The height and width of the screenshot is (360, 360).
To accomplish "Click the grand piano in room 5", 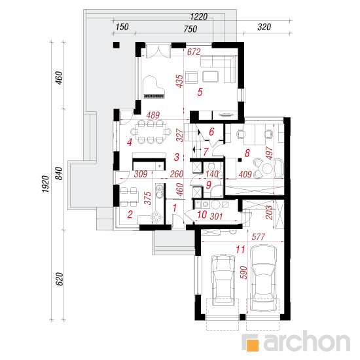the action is [x=153, y=88].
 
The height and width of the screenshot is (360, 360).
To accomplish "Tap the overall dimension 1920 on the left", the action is [x=45, y=184].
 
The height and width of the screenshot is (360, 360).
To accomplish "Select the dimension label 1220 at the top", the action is [x=199, y=17].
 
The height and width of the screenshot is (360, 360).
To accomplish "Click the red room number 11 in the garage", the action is [x=240, y=249].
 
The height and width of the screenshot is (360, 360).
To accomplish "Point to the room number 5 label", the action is [x=200, y=92].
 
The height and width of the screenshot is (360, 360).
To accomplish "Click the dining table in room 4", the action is [x=151, y=133].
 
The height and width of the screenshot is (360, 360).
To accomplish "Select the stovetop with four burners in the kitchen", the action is [x=157, y=216].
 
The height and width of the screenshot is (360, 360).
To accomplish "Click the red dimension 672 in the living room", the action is [x=194, y=52].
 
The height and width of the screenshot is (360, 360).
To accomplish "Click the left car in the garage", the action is [x=223, y=279].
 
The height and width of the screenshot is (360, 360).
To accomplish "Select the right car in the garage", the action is [x=263, y=278].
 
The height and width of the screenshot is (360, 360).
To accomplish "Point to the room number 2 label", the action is [x=130, y=215].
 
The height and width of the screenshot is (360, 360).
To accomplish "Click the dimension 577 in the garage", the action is [x=259, y=237].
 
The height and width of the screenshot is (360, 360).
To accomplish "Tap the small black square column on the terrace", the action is [x=117, y=45].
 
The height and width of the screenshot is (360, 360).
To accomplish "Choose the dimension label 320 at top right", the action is [x=264, y=27].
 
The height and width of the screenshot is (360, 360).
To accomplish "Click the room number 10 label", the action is [x=202, y=215].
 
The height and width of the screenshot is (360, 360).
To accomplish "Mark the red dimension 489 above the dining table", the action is [x=153, y=115].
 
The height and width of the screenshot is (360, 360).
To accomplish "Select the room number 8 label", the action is [x=247, y=153].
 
